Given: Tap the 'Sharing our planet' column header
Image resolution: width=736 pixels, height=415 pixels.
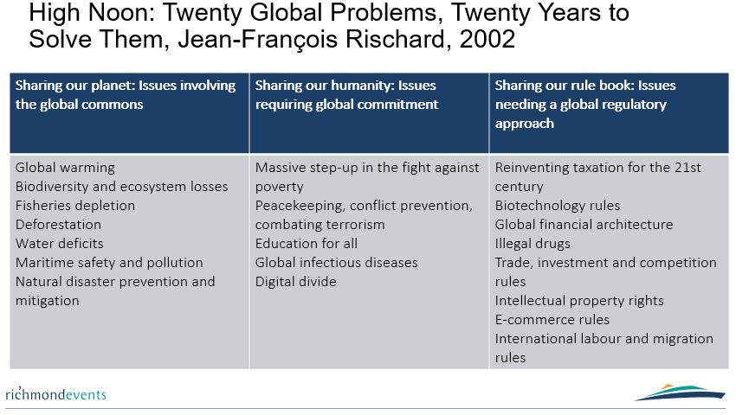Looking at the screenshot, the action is coord(126,95).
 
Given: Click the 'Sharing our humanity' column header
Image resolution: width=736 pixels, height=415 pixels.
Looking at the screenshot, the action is coord(346,95).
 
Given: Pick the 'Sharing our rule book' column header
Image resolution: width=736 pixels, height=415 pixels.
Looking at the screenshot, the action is coord(585,104).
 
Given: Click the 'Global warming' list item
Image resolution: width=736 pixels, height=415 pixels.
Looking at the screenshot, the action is coord(65,168).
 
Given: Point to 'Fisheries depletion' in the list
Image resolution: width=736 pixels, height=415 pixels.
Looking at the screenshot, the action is coord(75,206).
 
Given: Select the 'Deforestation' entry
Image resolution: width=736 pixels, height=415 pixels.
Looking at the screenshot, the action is coord(58,225).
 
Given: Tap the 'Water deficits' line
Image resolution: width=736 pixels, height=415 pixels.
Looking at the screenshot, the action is coord(59,243).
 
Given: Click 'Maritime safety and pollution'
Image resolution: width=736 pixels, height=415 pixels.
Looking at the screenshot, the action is coord(109,263).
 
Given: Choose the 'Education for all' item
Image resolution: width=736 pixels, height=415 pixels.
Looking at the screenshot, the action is coord(306,243).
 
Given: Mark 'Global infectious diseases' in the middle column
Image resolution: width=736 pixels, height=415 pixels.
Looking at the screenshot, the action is coord(336,263).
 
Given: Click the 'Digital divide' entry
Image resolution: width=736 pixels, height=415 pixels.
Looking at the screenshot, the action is coord(296,281).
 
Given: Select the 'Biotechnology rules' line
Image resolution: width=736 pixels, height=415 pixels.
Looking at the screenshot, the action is coord(557,206).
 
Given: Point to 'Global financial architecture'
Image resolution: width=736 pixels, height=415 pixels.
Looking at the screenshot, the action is coord(584,225).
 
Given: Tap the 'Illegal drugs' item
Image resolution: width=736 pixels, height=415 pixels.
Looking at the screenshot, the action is coord(533,243).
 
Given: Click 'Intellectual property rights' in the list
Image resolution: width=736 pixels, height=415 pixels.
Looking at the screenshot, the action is coord(579,301).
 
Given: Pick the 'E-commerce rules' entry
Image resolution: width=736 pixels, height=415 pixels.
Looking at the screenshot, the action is coord(552,319).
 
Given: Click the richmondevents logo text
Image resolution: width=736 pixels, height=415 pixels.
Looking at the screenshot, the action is coord(56,394).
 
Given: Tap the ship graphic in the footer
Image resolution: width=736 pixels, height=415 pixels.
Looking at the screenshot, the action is coord(680,393).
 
